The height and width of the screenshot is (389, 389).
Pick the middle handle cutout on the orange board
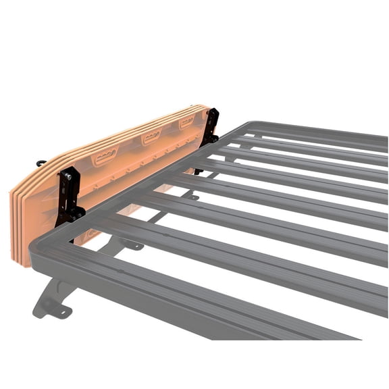tap(151, 137)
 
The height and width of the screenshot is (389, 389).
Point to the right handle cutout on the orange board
tap(186, 122)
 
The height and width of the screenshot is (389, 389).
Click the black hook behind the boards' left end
tap(41, 163)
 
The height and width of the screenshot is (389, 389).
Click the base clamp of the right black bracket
tap(211, 138)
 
